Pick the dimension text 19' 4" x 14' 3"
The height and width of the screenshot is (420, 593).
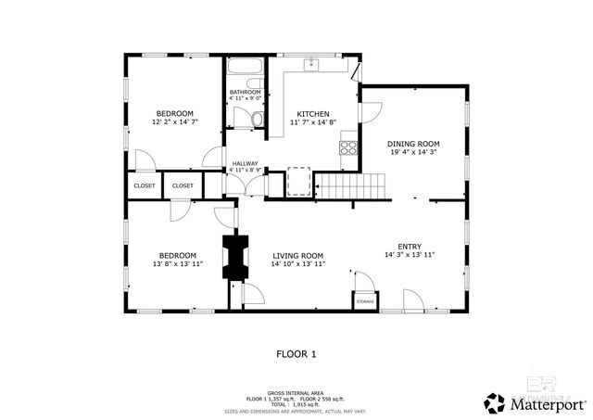click(412, 154)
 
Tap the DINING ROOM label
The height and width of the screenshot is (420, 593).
click(412, 144)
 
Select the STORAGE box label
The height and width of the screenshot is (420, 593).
click(365, 301)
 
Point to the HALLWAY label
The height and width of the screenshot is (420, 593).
click(245, 163)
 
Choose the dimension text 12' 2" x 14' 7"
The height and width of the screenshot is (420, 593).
click(175, 122)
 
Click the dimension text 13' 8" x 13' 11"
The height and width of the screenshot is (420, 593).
click(176, 265)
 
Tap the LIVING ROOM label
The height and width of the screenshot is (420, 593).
click(296, 255)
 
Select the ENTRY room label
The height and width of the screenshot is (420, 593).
click(409, 246)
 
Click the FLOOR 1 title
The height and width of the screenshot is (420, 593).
click(296, 353)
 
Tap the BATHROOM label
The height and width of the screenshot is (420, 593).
click(245, 92)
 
